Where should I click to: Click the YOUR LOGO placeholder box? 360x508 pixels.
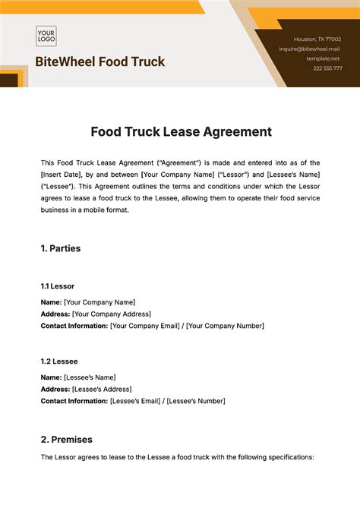(47, 36)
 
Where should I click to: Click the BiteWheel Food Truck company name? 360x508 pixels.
(99, 62)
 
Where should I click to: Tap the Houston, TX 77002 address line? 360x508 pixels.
(317, 39)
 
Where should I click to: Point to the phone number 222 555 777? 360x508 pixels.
(327, 68)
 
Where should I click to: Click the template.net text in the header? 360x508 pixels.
(323, 58)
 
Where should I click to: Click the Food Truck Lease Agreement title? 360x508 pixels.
(181, 131)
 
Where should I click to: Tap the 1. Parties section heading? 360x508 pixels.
(60, 248)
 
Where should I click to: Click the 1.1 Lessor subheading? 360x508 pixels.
(58, 286)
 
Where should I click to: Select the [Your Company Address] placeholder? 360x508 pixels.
(111, 314)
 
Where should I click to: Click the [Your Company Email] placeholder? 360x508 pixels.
(144, 326)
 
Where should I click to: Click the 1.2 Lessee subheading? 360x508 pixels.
(58, 361)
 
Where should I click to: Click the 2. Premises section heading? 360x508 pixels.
(66, 439)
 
